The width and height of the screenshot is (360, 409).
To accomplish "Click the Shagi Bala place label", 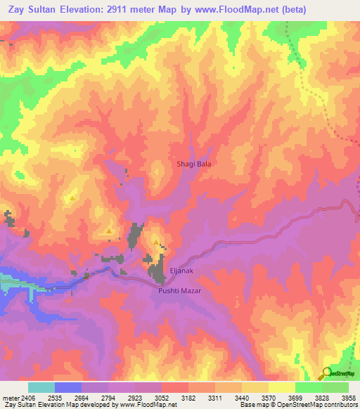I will (x=193, y=164).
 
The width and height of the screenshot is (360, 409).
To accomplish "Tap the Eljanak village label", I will (x=181, y=270).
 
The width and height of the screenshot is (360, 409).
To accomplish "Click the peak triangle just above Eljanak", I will (x=156, y=242).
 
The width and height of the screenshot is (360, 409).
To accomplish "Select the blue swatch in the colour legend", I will (x=67, y=388).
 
